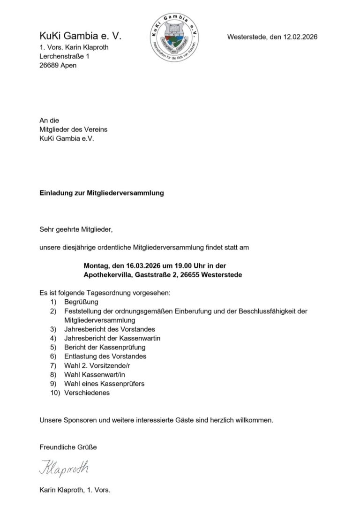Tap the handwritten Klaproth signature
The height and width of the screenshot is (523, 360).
point(63,468)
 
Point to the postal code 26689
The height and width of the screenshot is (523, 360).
point(49,66)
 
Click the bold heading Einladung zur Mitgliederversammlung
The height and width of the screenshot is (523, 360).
point(102,193)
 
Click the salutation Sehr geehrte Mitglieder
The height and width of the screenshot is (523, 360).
point(76,230)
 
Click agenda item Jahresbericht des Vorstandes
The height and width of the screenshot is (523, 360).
point(109,329)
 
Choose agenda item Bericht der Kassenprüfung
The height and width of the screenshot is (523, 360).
point(105,348)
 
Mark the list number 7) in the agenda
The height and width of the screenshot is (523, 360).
point(53,365)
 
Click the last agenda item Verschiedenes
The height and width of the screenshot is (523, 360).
point(87,393)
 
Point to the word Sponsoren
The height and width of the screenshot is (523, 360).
point(78,420)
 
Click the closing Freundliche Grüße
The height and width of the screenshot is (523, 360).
point(68,447)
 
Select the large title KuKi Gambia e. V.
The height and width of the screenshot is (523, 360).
point(80,36)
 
